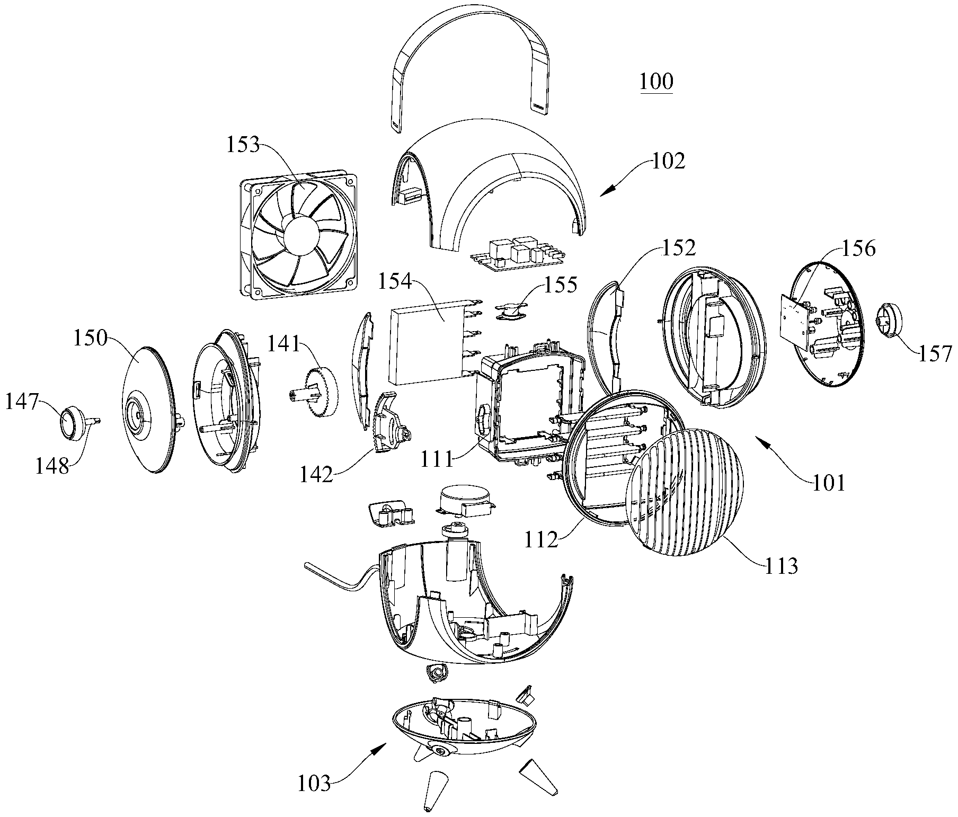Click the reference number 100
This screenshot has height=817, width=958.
pyautogui.click(x=656, y=82)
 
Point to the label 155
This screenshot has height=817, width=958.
pyautogui.click(x=562, y=285)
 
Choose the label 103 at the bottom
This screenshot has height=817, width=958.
pyautogui.click(x=314, y=798)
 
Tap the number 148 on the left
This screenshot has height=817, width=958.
pyautogui.click(x=52, y=466)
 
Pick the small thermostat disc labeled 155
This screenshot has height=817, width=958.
pyautogui.click(x=510, y=310)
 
